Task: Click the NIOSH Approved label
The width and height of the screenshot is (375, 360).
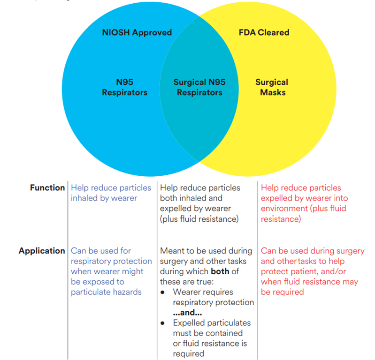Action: click(x=137, y=33)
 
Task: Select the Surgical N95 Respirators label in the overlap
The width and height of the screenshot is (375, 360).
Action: click(x=199, y=87)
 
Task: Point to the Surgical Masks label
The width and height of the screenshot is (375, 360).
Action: click(x=272, y=87)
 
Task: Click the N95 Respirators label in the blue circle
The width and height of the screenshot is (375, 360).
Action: click(x=124, y=87)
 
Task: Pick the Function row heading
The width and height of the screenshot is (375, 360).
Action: click(x=47, y=188)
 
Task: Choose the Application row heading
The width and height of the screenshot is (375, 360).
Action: click(x=42, y=251)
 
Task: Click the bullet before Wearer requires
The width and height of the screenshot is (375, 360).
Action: click(x=162, y=292)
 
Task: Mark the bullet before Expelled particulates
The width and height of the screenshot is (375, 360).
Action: click(x=162, y=323)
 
